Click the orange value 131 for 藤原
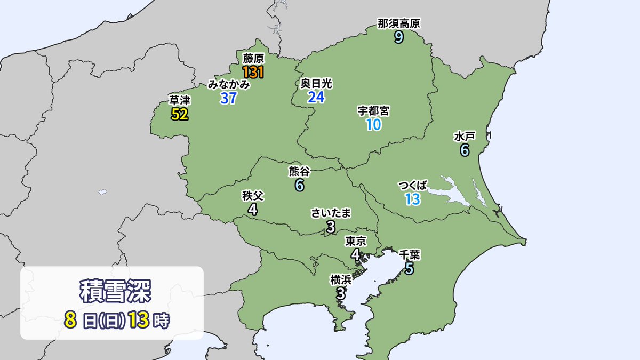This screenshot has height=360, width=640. point(253,72)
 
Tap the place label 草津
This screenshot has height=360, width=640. point(180,100)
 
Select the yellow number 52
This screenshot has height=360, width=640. point(180,114)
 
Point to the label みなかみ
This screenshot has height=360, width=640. point(229,84)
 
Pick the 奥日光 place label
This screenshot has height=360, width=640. point(316,83)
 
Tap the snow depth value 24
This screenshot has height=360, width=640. point(316,97)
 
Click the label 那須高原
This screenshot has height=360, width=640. point(399,23)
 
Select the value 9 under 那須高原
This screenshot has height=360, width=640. point(399,37)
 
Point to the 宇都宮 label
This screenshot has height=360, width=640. point(373,111)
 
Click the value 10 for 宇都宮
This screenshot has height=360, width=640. point(373,125)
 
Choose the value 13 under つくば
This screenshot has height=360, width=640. point(413,199)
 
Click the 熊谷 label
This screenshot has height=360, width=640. point(299,171)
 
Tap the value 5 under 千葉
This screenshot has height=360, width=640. point(409,269)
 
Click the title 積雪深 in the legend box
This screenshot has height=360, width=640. point(112,292)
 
